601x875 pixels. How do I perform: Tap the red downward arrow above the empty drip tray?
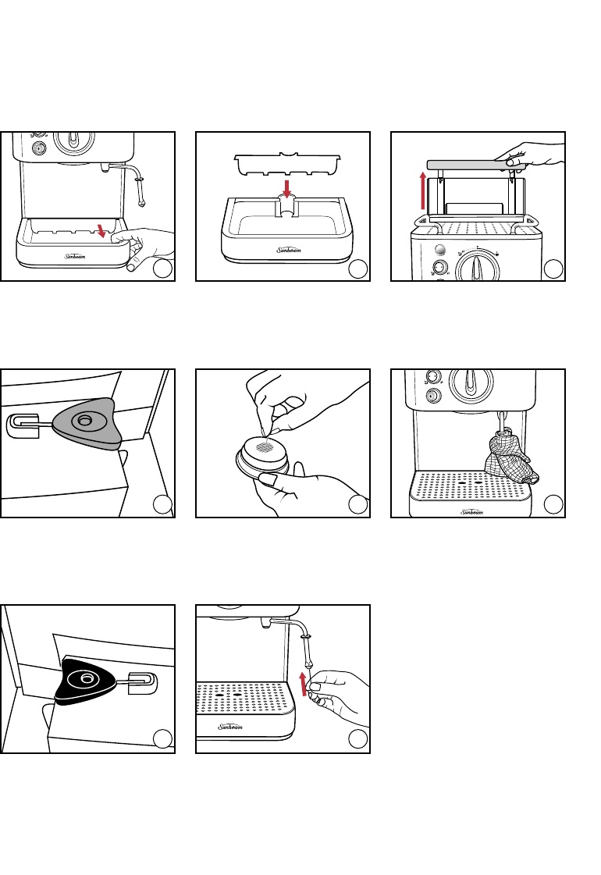pyautogui.click(x=286, y=190)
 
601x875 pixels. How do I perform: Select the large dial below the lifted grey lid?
pyautogui.click(x=474, y=265)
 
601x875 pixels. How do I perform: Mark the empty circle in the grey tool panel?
pyautogui.click(x=162, y=504)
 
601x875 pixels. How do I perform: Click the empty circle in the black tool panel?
pyautogui.click(x=162, y=739)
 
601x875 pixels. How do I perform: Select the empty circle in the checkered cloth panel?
pyautogui.click(x=553, y=504)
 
